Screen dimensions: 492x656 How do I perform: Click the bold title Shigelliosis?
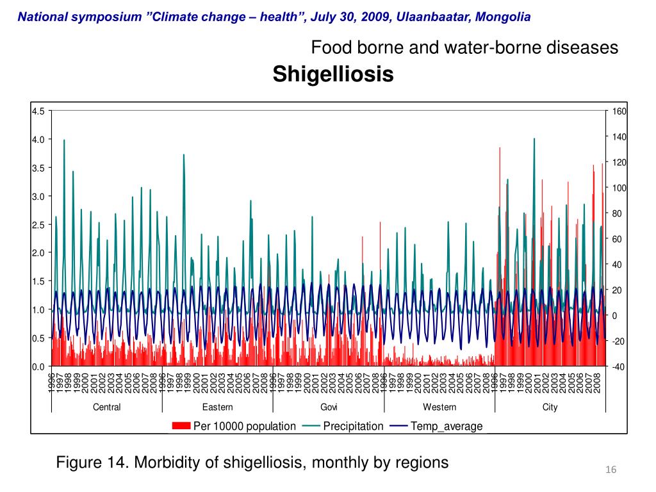[x=333, y=74]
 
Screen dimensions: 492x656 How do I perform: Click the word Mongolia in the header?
[x=502, y=17]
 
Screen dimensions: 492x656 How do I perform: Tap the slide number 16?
[x=611, y=471]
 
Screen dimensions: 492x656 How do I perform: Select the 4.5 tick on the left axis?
[x=38, y=111]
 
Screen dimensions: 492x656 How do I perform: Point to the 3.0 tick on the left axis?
[x=38, y=196]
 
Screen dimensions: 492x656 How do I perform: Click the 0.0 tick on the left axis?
[x=38, y=366]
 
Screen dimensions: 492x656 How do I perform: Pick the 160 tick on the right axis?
[x=619, y=111]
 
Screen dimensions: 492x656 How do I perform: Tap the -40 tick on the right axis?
[x=618, y=366]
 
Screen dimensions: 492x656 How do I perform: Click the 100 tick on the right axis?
[x=619, y=188]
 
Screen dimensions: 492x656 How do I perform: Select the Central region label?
[x=106, y=407]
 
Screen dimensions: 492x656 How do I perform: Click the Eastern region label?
[x=218, y=407]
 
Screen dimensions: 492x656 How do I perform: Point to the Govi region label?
[x=329, y=407]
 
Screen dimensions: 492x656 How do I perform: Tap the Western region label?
[x=439, y=407]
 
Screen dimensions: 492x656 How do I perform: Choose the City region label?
[x=550, y=407]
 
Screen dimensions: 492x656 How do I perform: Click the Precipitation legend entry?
[x=353, y=426]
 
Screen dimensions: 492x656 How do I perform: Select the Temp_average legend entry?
[x=447, y=426]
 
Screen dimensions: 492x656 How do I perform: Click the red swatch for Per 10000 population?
[x=181, y=426]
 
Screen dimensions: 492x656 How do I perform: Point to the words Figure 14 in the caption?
[x=90, y=462]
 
